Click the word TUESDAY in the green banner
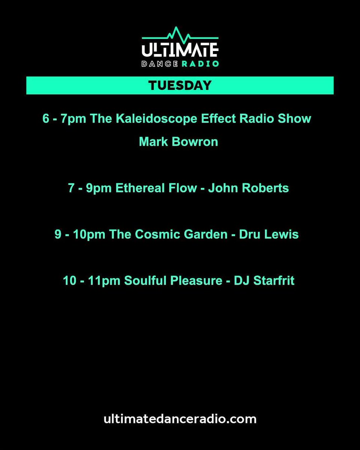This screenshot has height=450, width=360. pos(180,85)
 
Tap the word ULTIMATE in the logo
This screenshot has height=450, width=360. pos(180,50)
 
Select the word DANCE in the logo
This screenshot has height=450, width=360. pos(159,63)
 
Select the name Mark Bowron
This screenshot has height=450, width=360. pos(178,142)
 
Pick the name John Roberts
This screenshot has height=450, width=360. pos(249,188)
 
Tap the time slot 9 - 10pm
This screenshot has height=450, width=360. pos(80,235)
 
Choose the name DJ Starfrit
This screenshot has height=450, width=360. pos(264,281)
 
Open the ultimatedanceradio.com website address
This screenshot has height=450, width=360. pos(180,418)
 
